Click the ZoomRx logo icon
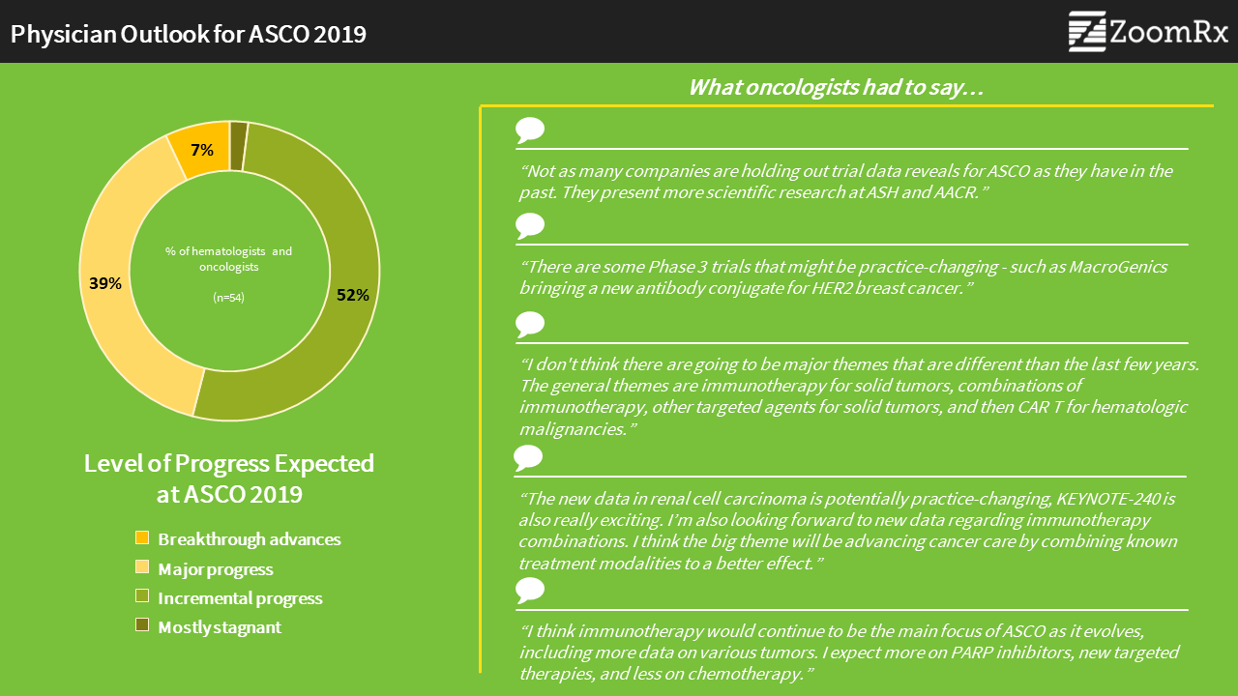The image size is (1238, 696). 1087,32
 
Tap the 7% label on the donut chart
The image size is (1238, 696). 202,150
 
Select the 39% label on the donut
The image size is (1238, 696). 105,283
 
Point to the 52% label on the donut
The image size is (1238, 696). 353,295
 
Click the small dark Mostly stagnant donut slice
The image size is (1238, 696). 238,146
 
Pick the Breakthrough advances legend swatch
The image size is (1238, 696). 142,537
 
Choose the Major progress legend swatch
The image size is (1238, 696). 142,566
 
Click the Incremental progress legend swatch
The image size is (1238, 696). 142,596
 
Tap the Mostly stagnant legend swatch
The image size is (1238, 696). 142,624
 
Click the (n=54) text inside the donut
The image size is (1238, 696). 229,297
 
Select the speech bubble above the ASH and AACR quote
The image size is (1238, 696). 529,130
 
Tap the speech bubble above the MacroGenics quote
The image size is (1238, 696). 529,226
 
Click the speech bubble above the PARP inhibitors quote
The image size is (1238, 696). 529,591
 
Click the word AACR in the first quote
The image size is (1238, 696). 957,192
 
